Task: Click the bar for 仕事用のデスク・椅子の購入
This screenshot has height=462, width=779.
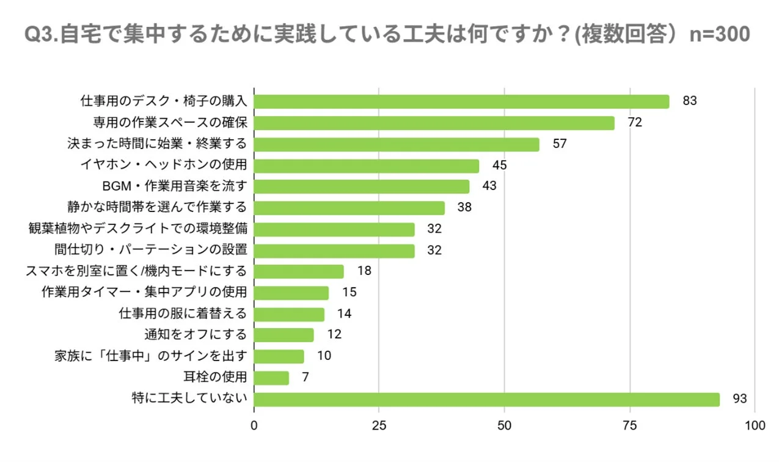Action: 461,101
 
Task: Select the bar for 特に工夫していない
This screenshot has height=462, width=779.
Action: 486,399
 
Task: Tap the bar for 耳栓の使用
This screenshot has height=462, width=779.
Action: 271,378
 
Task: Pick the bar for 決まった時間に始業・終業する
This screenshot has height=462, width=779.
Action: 397,144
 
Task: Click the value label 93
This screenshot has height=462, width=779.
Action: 740,399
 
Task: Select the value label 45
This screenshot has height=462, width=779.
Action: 500,166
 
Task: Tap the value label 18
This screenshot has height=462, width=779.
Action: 364,271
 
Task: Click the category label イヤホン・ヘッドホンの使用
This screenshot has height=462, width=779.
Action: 164,165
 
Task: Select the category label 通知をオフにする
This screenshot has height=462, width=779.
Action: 196,334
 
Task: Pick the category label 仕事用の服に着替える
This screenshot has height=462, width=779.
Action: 183,313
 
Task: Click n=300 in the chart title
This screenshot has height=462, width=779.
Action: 719,34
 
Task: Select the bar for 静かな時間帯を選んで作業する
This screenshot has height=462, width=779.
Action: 349,208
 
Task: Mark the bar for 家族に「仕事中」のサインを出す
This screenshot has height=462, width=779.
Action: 279,356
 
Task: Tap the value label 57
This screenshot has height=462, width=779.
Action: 559,144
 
